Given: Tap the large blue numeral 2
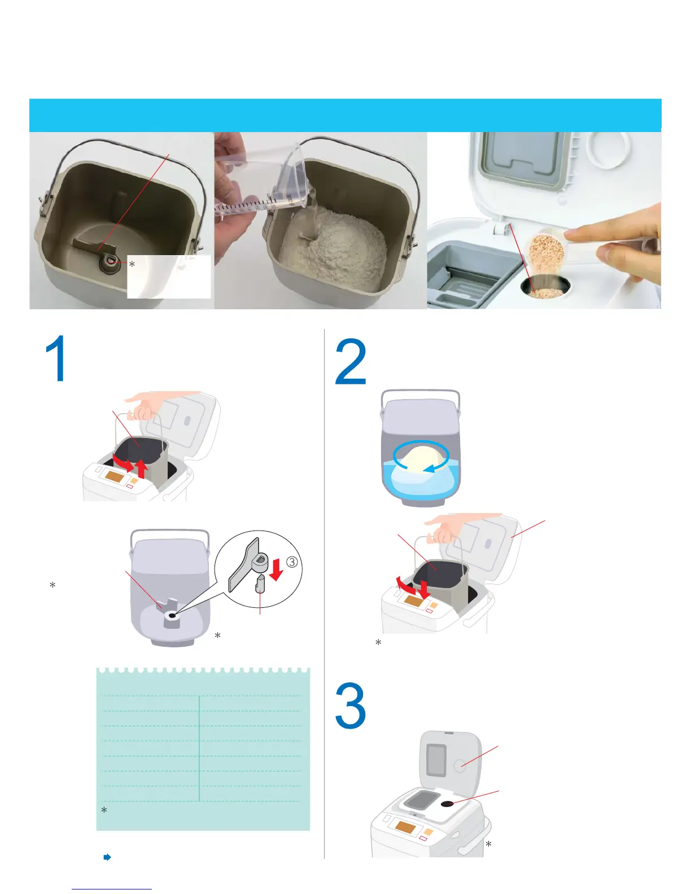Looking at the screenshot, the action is [350, 361].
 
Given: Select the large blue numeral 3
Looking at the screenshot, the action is [350, 705].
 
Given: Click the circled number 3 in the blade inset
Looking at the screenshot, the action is [291, 562].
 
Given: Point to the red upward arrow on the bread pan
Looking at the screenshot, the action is [142, 470].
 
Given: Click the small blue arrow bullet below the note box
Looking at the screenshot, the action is [107, 857].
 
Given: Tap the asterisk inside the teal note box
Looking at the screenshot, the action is [104, 810].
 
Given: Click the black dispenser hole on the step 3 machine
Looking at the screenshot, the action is [447, 804].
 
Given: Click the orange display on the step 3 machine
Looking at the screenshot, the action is [406, 826].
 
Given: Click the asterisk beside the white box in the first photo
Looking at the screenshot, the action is [132, 264].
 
